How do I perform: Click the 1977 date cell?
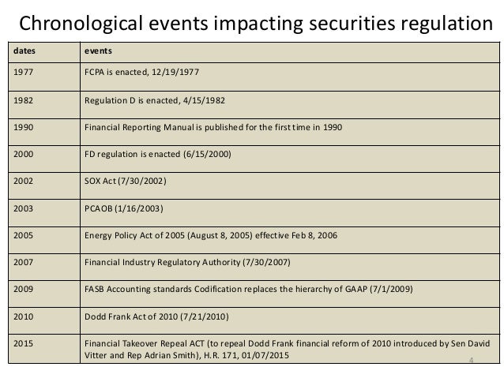[x=21, y=73]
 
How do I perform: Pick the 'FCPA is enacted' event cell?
[x=142, y=73]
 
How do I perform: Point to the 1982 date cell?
[x=21, y=100]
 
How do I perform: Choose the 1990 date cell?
[x=21, y=127]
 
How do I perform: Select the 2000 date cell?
[x=21, y=154]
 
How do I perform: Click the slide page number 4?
[x=470, y=361]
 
